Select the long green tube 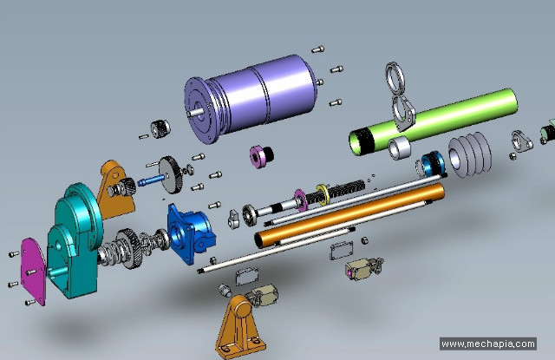click(434, 121)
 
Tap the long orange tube click(349, 216)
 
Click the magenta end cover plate click(34, 272)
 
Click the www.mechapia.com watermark click(488, 344)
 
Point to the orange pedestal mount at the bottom click(240, 327)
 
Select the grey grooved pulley click(470, 154)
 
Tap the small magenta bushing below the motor click(261, 156)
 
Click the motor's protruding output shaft click(195, 113)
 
